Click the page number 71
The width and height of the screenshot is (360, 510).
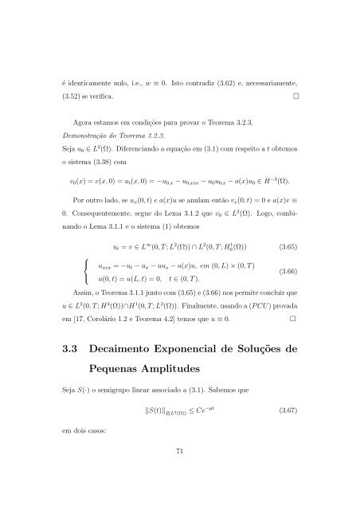(180, 477)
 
